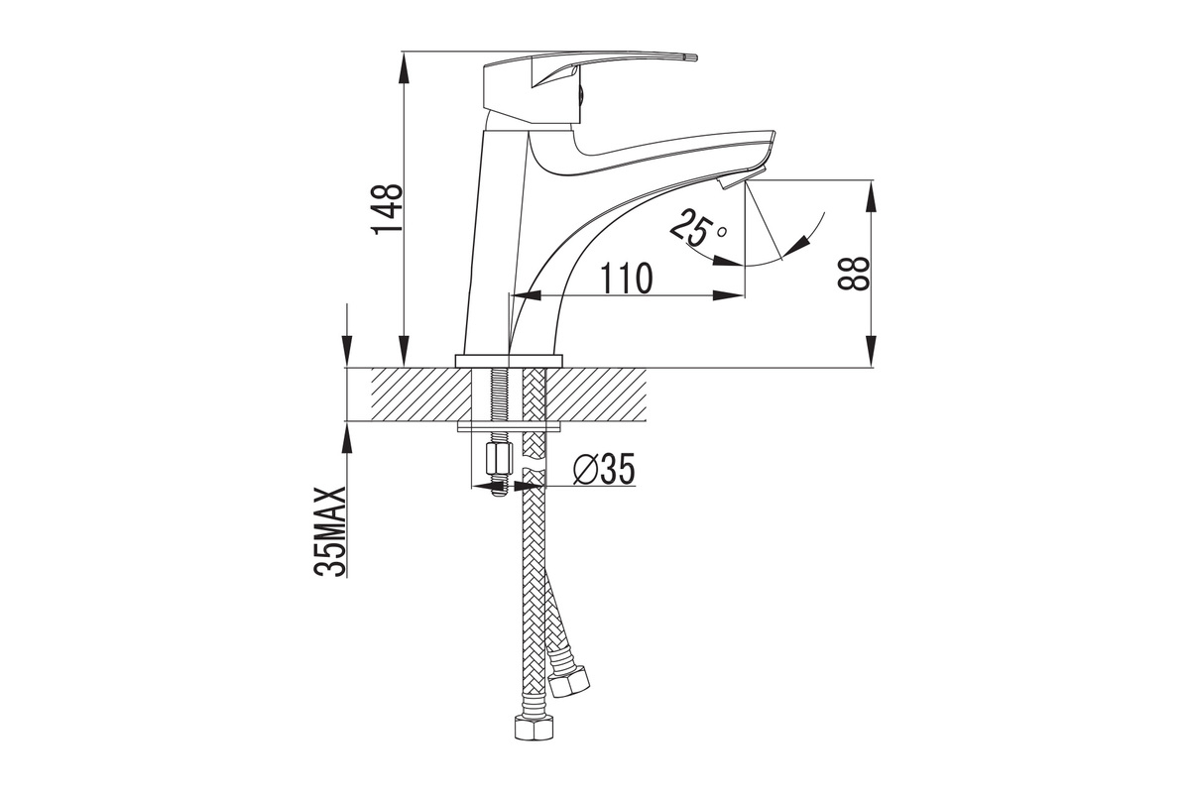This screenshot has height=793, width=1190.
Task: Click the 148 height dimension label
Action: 387,209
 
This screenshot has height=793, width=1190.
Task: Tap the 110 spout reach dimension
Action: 626,279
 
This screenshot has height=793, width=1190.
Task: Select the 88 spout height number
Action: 853,274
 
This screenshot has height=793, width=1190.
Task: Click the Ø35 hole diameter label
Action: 604,470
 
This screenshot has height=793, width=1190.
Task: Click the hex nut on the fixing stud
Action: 500,461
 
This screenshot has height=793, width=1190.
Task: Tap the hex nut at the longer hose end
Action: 534,727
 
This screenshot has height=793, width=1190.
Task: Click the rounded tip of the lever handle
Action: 692,57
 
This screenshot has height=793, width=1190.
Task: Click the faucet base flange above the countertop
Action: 509,361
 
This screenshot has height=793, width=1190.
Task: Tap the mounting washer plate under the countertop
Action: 509,426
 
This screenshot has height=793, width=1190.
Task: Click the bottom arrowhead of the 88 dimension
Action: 872,351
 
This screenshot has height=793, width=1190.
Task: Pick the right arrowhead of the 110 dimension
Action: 728,295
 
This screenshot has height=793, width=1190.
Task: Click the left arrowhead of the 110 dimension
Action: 525,295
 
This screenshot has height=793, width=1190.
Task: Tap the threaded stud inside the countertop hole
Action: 499,395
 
